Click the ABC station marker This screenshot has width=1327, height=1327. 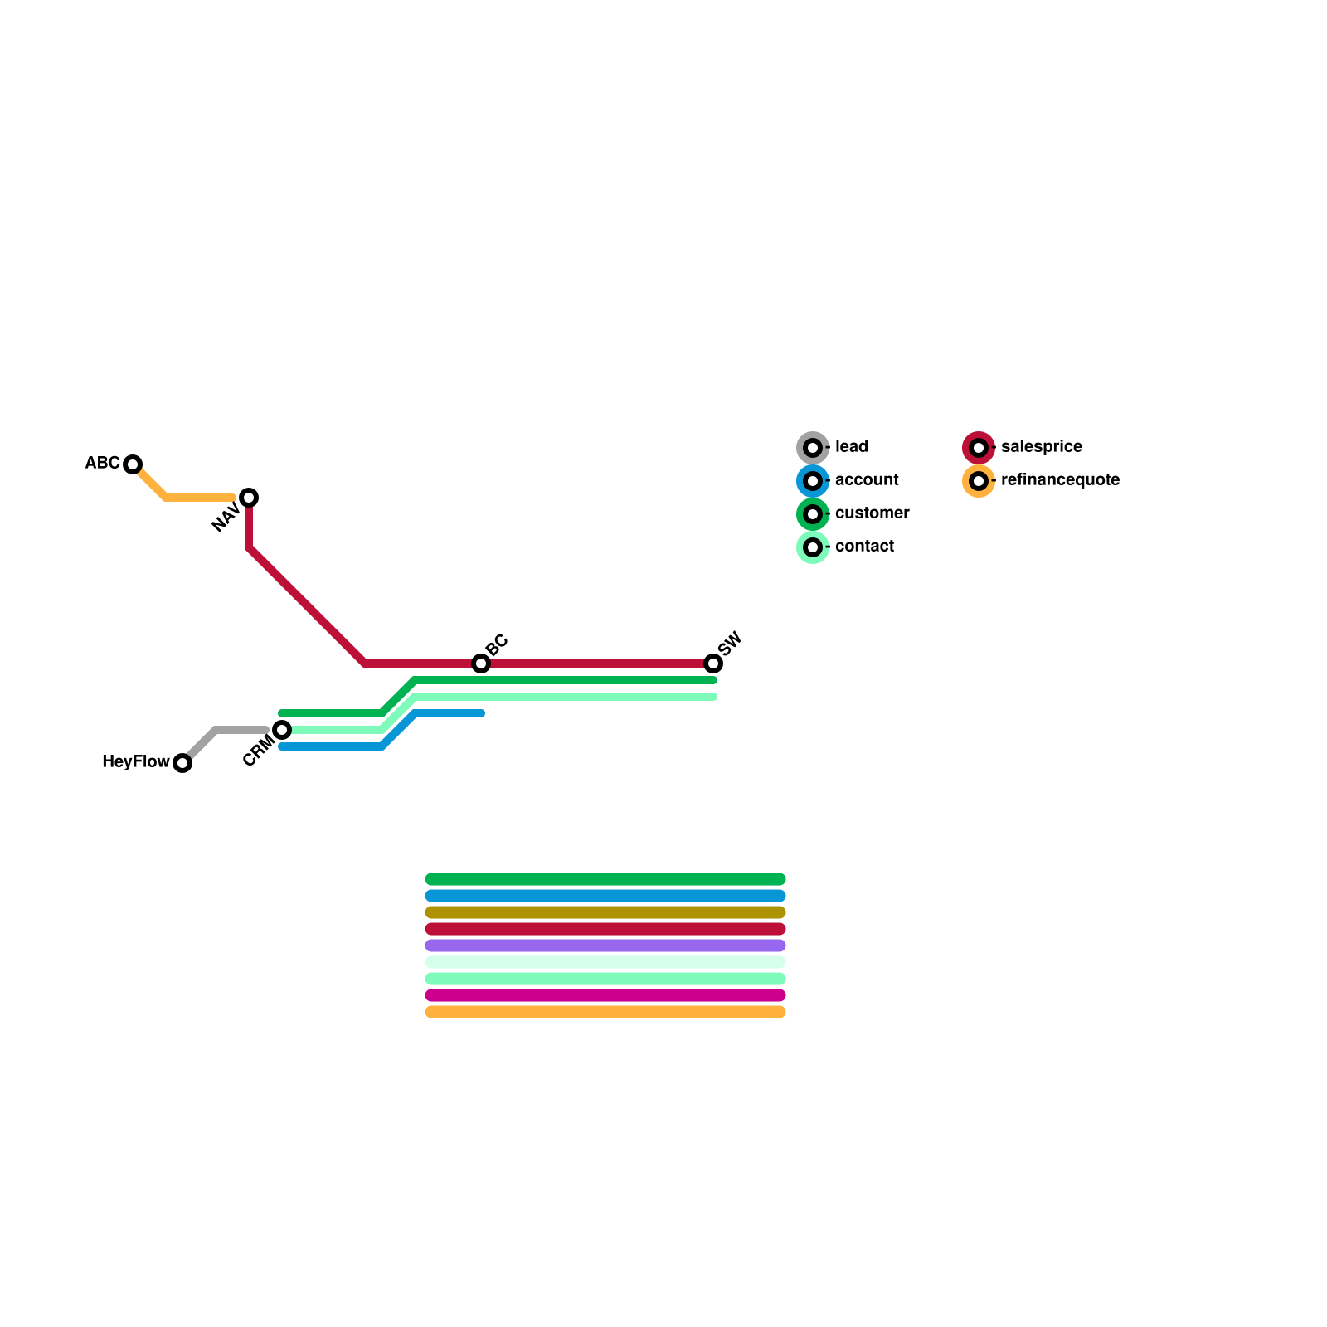[x=133, y=464]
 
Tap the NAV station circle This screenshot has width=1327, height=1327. [x=249, y=498]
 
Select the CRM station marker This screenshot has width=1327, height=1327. [x=282, y=730]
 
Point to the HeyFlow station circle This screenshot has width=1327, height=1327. [x=182, y=763]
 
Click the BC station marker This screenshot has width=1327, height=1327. [x=481, y=663]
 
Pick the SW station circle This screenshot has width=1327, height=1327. [x=713, y=663]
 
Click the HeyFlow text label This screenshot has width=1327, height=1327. [x=135, y=761]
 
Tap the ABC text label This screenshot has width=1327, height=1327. [x=102, y=463]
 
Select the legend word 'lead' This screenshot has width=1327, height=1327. [x=852, y=447]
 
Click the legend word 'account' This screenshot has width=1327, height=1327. [x=867, y=480]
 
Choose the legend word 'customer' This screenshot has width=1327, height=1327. [x=872, y=513]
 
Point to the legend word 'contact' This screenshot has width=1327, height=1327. [x=864, y=547]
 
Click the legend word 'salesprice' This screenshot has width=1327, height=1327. [x=1041, y=447]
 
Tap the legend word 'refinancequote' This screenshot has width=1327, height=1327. [x=1060, y=480]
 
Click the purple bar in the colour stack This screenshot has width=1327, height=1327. [x=605, y=945]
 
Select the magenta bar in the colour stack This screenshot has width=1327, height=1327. [x=605, y=995]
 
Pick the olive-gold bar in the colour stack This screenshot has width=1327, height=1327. [x=605, y=912]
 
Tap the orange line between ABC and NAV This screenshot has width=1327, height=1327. [x=199, y=498]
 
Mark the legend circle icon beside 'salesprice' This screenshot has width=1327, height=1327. [x=979, y=448]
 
